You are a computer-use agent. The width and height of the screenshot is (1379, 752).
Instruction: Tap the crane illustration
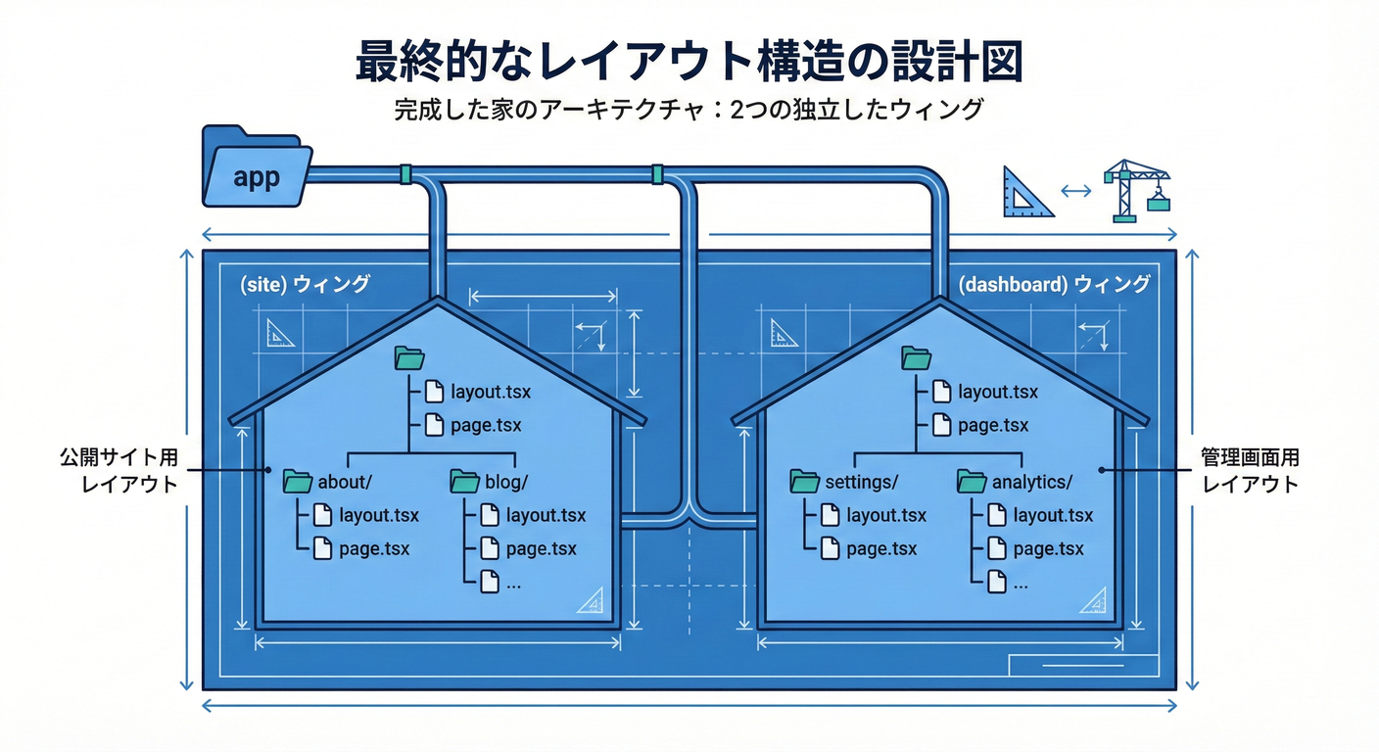tap(1135, 190)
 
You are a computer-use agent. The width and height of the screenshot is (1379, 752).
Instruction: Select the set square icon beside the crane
tap(1026, 192)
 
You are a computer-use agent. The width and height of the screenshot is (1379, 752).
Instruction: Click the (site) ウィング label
tap(305, 284)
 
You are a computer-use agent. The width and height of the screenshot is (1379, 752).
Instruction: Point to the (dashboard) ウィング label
tap(1053, 284)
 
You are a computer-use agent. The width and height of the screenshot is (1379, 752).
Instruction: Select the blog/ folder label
tap(505, 482)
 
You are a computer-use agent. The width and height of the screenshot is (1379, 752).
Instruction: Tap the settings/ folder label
tap(861, 482)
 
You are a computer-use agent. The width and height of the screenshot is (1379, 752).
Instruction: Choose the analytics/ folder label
tap(1031, 482)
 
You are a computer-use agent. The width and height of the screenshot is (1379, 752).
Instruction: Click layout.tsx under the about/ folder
tap(378, 515)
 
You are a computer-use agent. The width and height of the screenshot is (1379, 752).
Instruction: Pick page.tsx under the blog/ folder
tap(541, 548)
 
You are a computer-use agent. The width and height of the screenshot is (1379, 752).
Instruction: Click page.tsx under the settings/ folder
tap(881, 548)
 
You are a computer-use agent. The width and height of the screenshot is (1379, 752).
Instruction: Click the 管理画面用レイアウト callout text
tap(1251, 470)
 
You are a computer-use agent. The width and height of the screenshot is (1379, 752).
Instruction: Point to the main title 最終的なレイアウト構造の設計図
tap(689, 61)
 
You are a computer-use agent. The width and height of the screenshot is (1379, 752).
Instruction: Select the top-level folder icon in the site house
tap(408, 357)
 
